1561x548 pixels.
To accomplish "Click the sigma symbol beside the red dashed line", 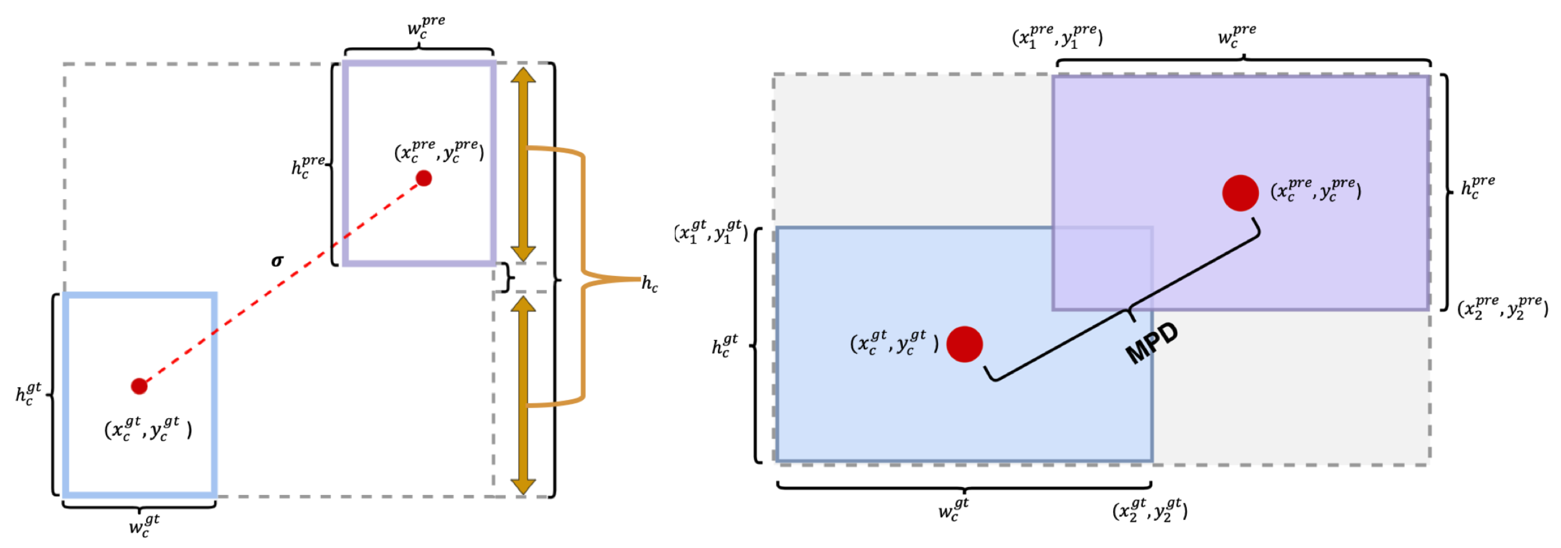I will pyautogui.click(x=277, y=261).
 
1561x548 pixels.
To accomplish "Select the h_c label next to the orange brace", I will pyautogui.click(x=649, y=284).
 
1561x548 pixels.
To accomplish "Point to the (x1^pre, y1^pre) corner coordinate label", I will pyautogui.click(x=1057, y=37).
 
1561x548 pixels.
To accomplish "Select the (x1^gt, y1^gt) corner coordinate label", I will pyautogui.click(x=711, y=232).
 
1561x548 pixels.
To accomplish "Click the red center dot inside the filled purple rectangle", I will pyautogui.click(x=1240, y=193).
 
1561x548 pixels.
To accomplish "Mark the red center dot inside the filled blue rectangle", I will pyautogui.click(x=964, y=344).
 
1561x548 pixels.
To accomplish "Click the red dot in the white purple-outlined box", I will pyautogui.click(x=424, y=178).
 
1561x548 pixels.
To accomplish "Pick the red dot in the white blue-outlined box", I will pyautogui.click(x=139, y=386).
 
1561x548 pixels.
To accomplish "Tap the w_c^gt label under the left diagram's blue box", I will pyautogui.click(x=144, y=525).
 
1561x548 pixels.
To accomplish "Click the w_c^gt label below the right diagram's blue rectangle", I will pyautogui.click(x=953, y=510).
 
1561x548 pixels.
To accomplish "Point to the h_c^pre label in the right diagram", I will pyautogui.click(x=1477, y=187).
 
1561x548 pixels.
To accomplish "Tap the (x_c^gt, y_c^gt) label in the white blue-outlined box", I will pyautogui.click(x=148, y=429).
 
